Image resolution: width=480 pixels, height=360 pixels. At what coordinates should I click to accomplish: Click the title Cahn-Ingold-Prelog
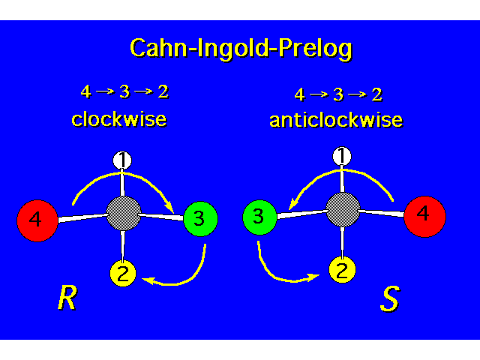[240, 49]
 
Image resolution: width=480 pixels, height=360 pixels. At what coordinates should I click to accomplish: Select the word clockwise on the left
[118, 119]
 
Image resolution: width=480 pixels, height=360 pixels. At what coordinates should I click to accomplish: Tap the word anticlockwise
[335, 120]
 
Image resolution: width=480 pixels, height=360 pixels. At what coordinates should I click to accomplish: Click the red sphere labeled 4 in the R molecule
[37, 220]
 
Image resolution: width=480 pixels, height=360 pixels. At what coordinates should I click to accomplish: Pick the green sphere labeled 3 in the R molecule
[199, 219]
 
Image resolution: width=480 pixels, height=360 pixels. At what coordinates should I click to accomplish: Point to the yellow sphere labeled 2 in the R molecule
[124, 274]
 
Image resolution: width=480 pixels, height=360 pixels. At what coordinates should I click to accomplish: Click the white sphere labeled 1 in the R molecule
[122, 160]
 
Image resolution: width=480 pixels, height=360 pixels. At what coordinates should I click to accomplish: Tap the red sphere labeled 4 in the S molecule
[424, 215]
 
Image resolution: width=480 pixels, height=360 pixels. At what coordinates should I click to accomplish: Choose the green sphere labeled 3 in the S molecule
[259, 218]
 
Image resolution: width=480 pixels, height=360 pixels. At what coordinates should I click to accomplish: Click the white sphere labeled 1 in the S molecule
[342, 156]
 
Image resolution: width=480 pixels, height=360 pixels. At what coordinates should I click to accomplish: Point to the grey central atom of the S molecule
[343, 210]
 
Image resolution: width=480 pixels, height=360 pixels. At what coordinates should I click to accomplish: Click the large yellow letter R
[67, 298]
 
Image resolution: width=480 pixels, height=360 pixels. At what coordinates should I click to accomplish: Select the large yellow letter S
[389, 298]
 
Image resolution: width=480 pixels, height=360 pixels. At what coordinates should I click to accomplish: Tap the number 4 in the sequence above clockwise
[85, 92]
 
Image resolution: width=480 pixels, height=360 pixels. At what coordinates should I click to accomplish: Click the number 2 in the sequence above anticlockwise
[376, 94]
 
